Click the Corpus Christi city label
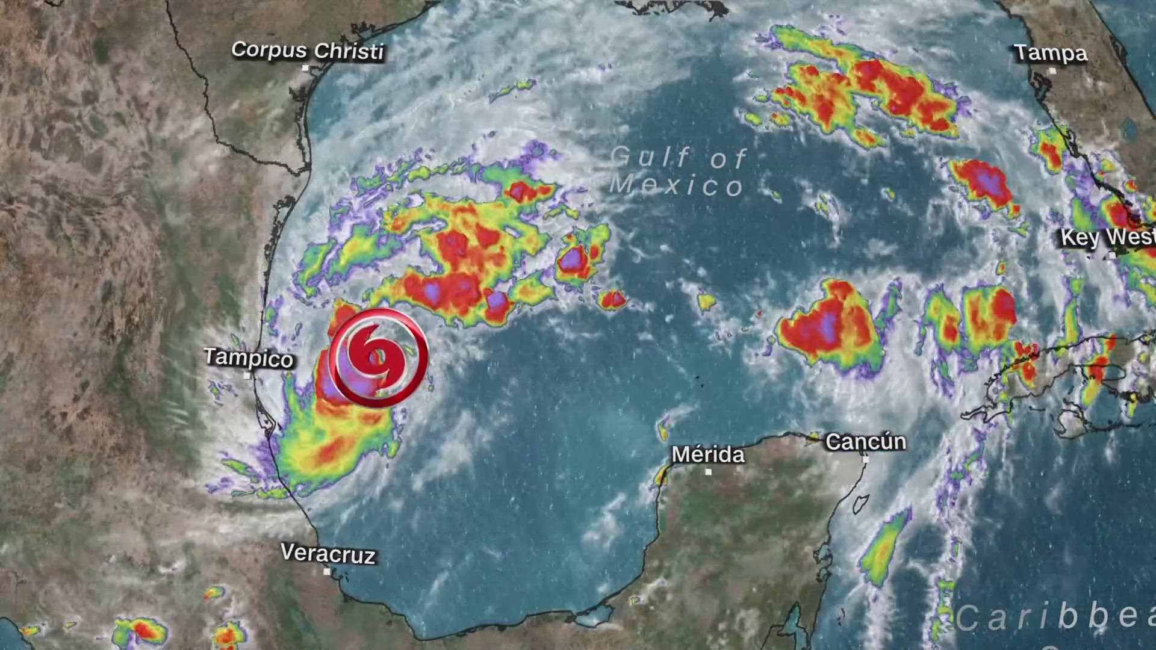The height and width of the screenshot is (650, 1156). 307,51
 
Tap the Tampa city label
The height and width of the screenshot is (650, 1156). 1051,53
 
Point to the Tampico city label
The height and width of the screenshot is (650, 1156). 248,357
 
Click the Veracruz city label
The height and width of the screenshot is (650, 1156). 328,553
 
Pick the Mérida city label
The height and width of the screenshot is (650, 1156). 708,454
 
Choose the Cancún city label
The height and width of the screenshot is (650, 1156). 865,441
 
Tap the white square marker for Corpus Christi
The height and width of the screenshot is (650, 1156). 305,68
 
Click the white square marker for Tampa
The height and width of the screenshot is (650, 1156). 1052,71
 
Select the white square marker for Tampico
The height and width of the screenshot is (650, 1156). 247,376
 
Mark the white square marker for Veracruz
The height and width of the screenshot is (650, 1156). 327,571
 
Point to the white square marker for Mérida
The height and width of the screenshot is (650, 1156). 708,472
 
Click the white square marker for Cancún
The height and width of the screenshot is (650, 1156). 865,459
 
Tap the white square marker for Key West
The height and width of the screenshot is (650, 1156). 1112,255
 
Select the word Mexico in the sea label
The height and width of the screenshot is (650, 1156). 676,185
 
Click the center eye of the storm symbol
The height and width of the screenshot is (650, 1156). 378,357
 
